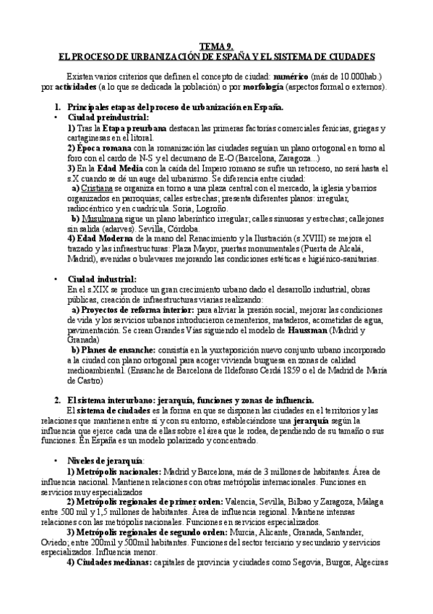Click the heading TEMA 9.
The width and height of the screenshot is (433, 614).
[216, 45]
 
